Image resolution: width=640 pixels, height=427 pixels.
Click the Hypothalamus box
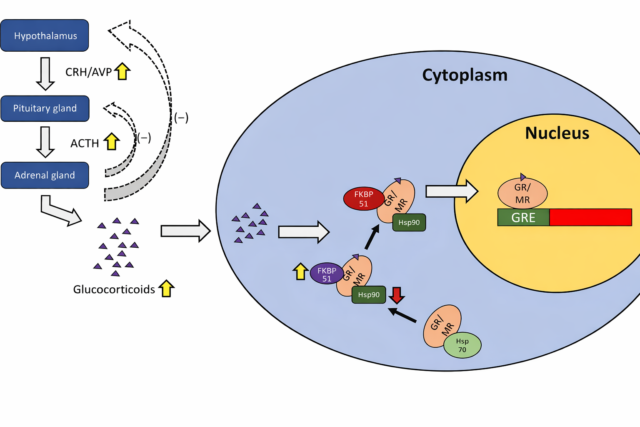45,35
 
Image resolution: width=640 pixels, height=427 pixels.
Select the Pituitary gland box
45,108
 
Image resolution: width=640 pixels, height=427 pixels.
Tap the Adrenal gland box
45,175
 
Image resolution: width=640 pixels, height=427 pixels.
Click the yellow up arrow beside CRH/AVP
122,71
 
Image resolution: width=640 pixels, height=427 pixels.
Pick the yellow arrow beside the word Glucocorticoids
166,288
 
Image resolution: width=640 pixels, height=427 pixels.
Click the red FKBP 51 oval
364,199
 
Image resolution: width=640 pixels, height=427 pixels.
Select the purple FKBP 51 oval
327,274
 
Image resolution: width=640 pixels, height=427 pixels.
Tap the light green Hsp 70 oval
462,345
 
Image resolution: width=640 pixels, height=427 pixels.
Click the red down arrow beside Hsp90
397,295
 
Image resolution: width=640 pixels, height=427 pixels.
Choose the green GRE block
523,217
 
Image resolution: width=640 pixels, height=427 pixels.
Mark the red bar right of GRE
590,217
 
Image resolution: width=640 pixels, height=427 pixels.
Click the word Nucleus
557,133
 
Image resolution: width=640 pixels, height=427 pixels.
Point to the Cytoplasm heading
465,75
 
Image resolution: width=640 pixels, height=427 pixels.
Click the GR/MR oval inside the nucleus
522,193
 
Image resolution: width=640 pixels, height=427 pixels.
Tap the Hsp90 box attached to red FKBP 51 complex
409,223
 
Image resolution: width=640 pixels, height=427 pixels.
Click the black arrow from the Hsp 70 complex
402,315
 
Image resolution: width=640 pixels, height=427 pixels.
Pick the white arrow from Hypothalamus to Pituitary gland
45,74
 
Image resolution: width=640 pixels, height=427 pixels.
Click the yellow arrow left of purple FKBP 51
300,271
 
